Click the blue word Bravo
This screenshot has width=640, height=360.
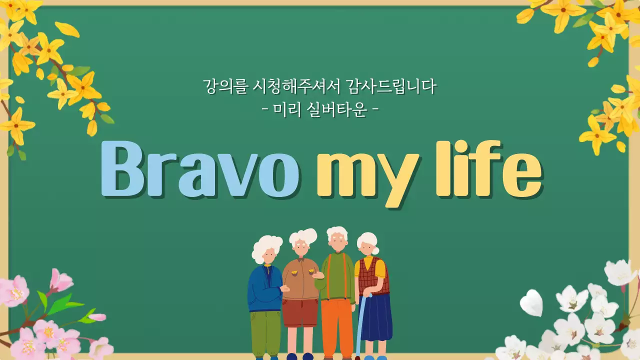[200, 168]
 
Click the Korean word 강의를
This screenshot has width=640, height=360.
[218, 86]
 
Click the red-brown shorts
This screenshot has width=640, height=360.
[300, 311]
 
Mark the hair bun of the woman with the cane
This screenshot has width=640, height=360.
[375, 250]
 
